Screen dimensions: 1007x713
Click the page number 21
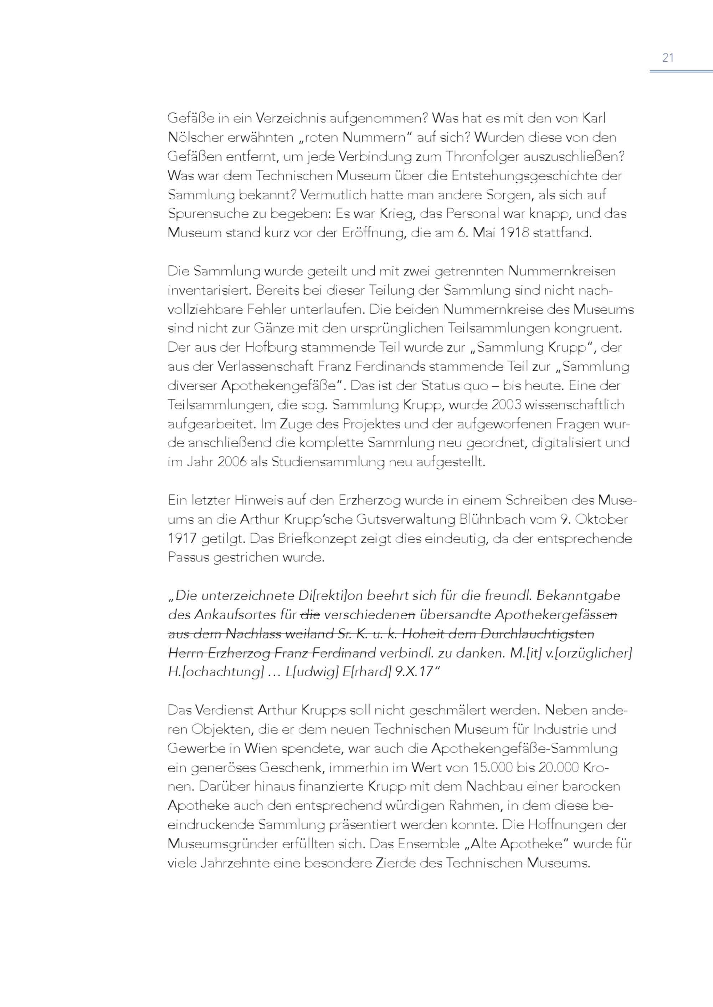(668, 57)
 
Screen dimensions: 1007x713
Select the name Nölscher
(194, 138)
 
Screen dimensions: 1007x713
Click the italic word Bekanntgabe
(578, 595)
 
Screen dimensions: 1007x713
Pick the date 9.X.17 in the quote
(414, 672)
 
